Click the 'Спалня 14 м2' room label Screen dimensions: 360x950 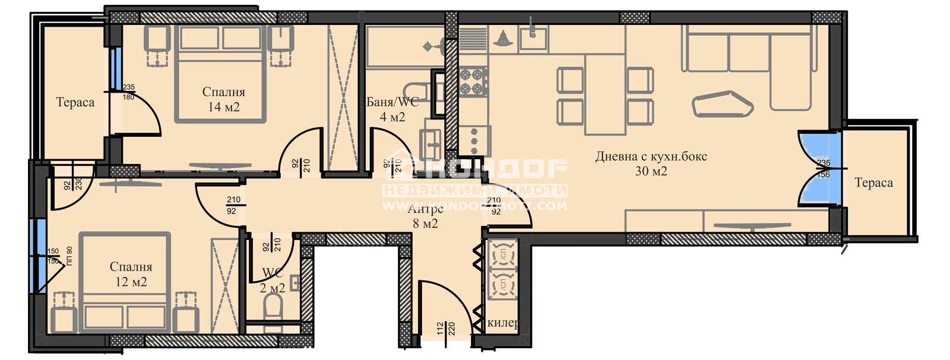(223, 99)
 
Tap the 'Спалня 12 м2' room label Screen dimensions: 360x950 (131, 274)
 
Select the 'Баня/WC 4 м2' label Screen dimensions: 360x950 (392, 109)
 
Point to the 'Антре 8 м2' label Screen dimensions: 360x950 (425, 216)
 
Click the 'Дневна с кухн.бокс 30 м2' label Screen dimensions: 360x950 (651, 164)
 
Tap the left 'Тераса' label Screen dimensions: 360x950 (75, 102)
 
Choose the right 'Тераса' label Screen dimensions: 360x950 (873, 183)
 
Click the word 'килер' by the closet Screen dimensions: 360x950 (502, 324)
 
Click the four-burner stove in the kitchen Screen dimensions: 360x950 (473, 81)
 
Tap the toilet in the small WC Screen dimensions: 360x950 (273, 308)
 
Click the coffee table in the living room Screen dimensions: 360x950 (723, 104)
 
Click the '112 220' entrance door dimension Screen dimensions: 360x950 (445, 329)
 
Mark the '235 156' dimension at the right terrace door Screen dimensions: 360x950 (824, 169)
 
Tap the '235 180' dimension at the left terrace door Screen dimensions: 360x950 (128, 92)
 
